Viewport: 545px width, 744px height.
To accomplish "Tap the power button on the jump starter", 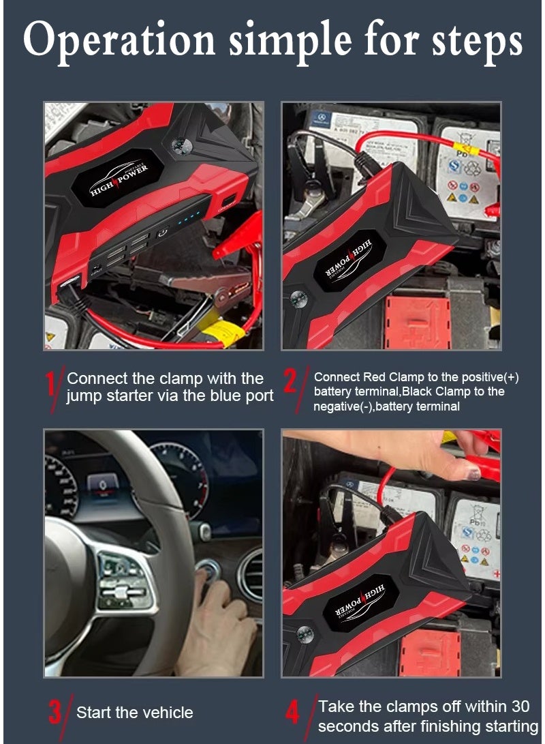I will pos(162,232).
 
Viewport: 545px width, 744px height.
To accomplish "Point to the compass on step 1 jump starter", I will pos(180,145).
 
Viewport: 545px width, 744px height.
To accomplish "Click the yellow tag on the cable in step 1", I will pos(219,333).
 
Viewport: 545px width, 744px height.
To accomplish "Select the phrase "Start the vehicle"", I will pos(135,713).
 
